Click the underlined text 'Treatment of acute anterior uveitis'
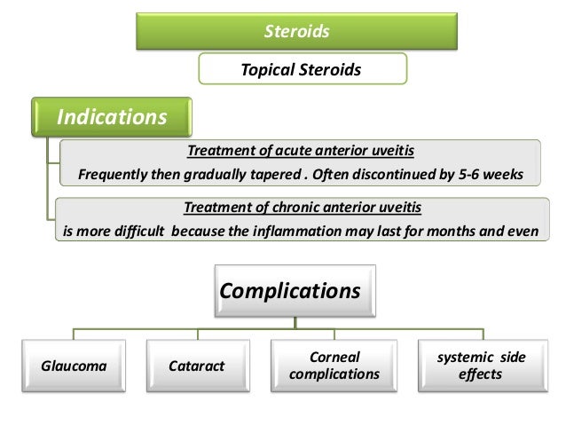pos(299,151)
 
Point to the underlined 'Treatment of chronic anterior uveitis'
pos(302,209)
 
